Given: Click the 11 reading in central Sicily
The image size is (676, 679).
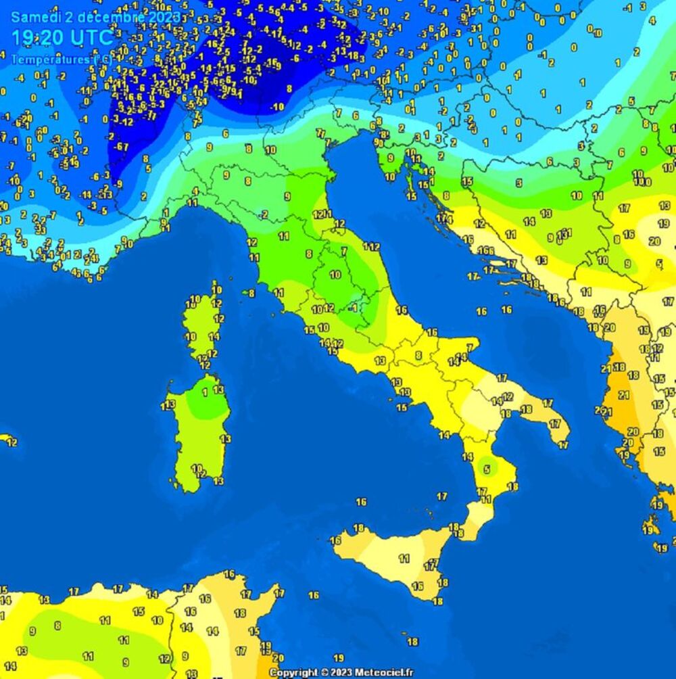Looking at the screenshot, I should point(404,559).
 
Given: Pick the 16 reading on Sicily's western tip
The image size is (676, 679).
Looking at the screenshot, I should point(335,540).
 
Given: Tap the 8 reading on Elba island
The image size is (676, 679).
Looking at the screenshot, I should point(251,293).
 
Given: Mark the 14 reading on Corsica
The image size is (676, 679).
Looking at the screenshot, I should point(214,336).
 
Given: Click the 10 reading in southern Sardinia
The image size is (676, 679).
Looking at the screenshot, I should point(196,468).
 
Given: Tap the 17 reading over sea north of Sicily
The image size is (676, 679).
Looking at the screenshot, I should point(442,496).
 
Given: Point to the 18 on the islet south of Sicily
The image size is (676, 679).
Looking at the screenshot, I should point(412,642).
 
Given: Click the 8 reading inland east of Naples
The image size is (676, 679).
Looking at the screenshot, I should point(418,355).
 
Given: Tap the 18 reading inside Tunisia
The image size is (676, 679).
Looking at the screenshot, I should point(239,613).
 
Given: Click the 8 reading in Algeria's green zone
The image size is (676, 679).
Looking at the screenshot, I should point(57,626).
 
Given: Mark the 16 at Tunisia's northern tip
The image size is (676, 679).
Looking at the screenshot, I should point(230,575).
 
